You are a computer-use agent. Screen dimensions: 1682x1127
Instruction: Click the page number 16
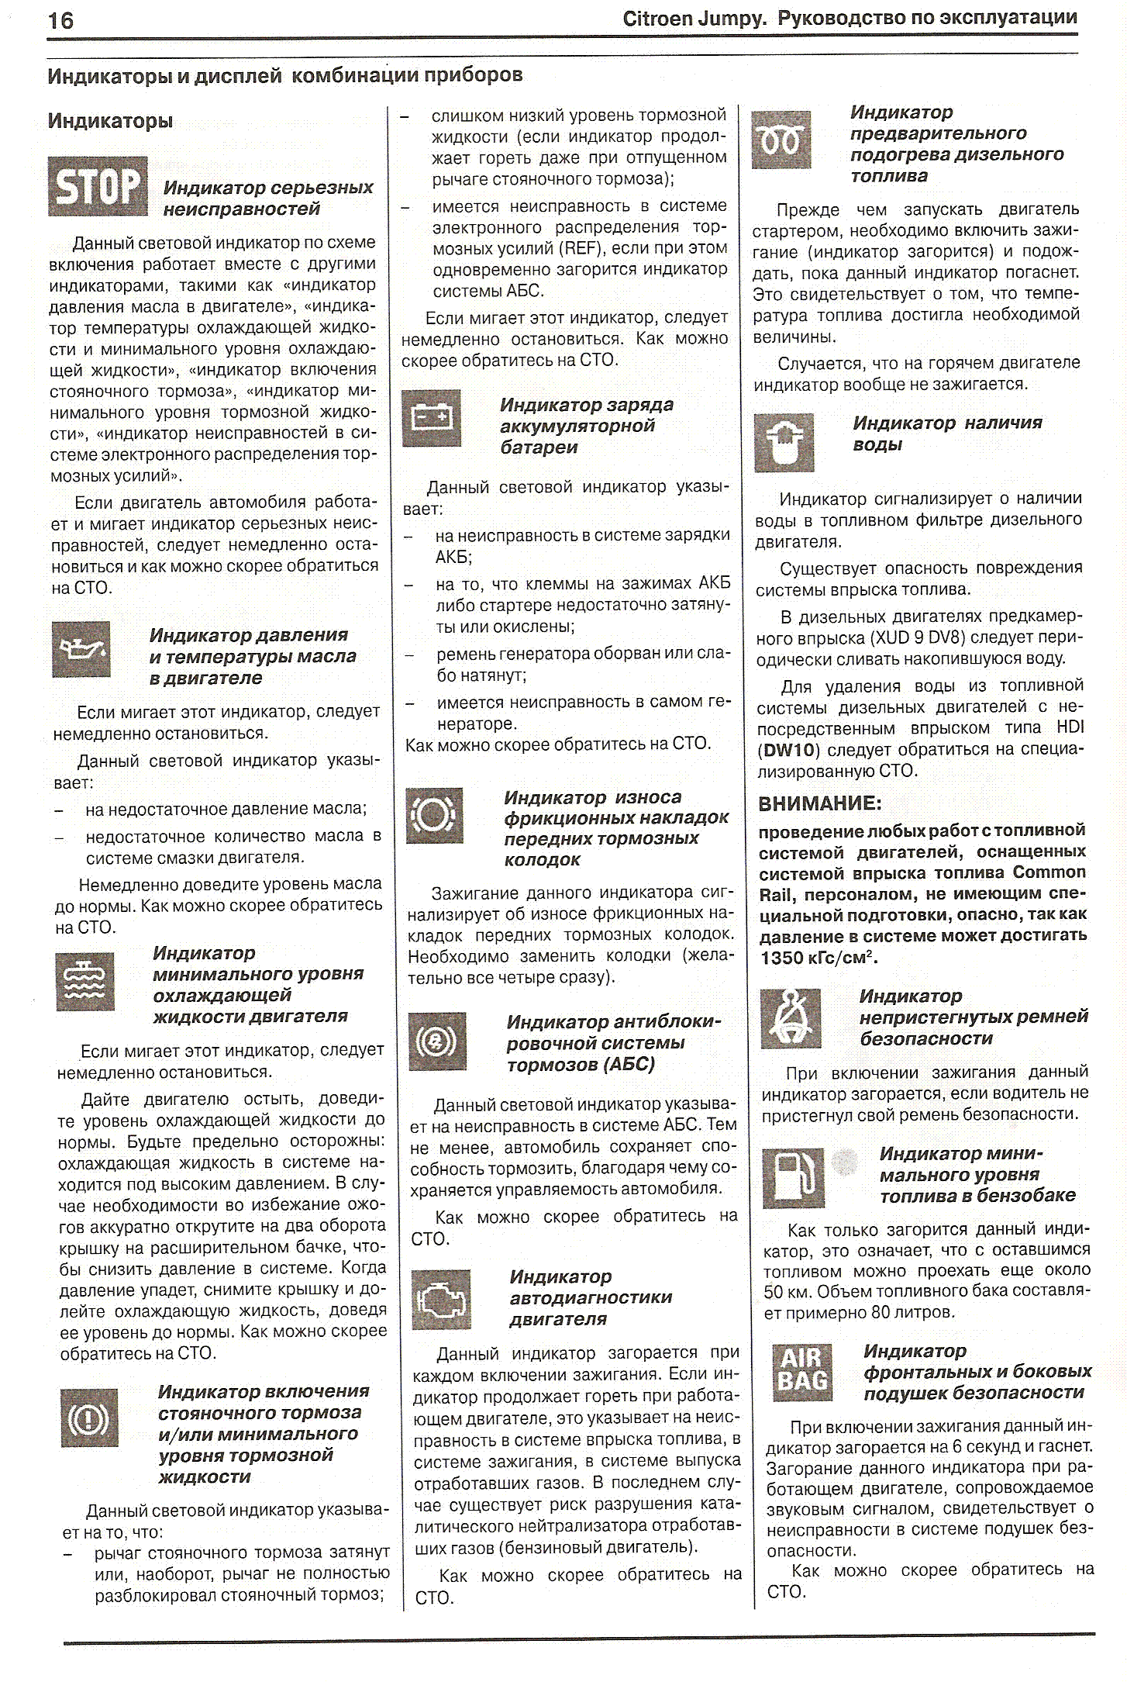[x=61, y=21]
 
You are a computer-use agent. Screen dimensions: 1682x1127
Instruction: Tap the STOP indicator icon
[x=98, y=187]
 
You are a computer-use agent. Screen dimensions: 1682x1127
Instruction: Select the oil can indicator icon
[x=81, y=649]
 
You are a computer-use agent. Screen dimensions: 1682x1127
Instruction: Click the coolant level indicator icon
[x=85, y=982]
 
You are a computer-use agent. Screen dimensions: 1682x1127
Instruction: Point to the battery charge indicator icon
[x=432, y=419]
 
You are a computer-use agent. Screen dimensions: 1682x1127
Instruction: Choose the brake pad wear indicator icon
[x=435, y=815]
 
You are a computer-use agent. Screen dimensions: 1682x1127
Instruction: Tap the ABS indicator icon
[x=438, y=1041]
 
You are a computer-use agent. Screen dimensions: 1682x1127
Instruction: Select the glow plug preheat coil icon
[x=781, y=140]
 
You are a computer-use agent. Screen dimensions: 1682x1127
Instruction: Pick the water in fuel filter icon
[x=784, y=443]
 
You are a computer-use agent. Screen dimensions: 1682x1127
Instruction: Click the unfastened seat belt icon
[x=791, y=1018]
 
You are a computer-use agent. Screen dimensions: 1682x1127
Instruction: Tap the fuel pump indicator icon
[x=793, y=1179]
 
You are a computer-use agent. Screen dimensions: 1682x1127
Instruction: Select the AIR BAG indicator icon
[x=803, y=1372]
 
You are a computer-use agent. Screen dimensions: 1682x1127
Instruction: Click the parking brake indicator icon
[x=89, y=1418]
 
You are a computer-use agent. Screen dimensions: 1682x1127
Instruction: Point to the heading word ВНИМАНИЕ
[x=820, y=804]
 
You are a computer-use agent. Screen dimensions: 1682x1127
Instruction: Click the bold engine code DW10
[x=789, y=750]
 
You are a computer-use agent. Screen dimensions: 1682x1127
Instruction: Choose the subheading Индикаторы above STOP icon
[x=110, y=121]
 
